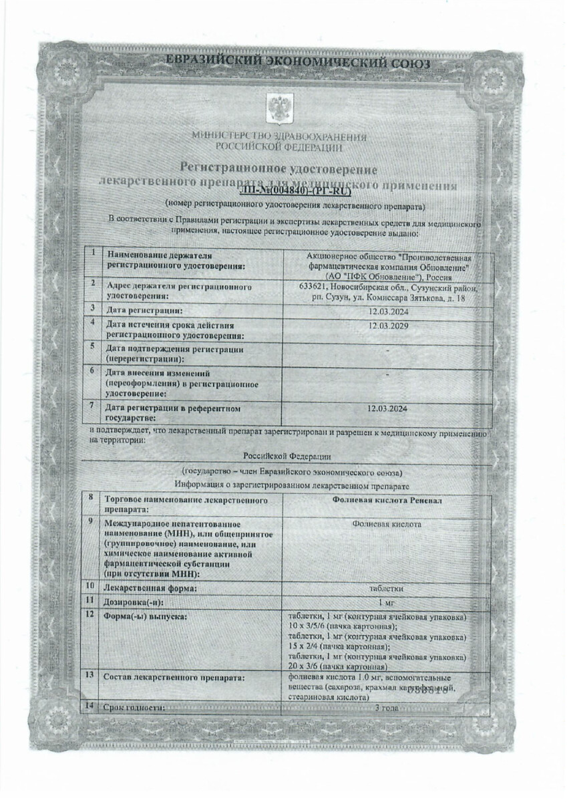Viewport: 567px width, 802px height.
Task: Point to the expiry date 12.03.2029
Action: (388, 325)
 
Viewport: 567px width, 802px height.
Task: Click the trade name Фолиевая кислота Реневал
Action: (387, 500)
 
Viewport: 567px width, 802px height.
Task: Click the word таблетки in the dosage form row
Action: (387, 589)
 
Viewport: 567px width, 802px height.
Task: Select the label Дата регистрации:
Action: (144, 311)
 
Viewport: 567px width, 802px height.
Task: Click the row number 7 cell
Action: (92, 406)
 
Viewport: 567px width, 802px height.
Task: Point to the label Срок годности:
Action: (134, 706)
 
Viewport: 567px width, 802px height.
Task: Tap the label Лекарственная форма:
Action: (150, 589)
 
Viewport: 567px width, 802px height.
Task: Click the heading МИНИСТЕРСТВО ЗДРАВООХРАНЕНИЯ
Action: (279, 136)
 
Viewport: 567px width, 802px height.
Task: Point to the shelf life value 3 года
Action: (387, 707)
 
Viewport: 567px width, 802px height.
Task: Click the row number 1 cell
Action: (92, 254)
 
